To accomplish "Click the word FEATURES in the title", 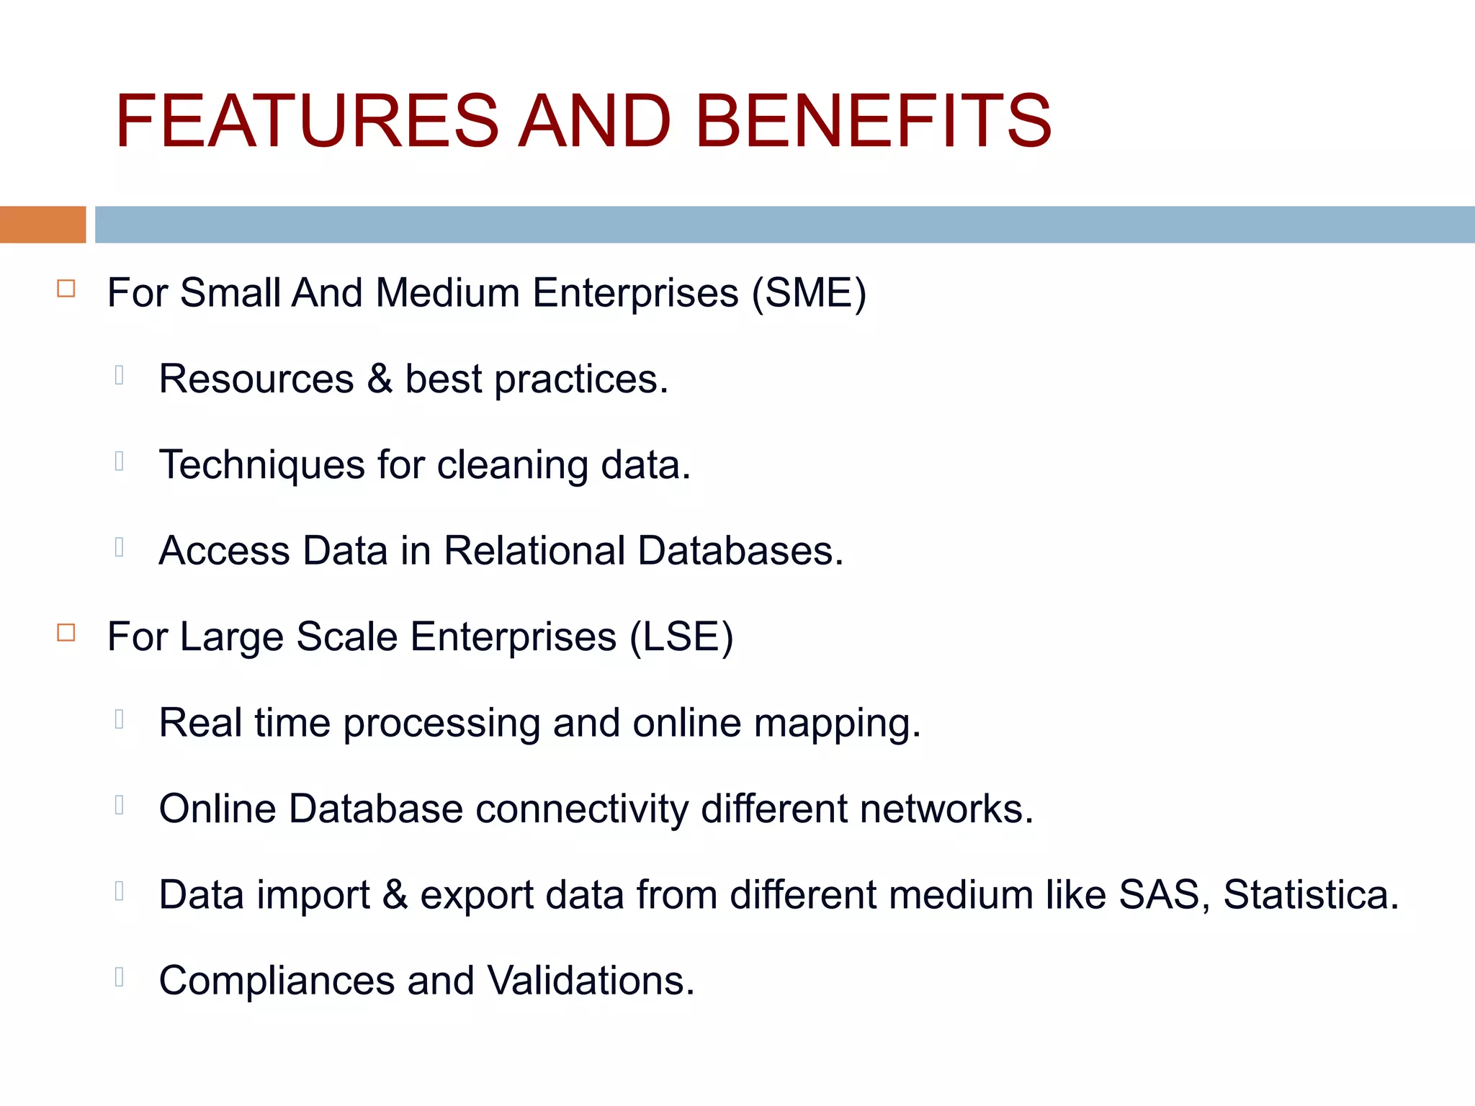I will pyautogui.click(x=306, y=121).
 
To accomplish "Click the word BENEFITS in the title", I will pyautogui.click(x=873, y=121).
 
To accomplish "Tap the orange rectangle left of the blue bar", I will pyautogui.click(x=42, y=224).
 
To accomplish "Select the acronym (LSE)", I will pyautogui.click(x=681, y=637).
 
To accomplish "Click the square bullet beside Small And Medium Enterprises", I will pyautogui.click(x=66, y=289).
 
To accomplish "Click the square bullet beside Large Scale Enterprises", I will pyautogui.click(x=66, y=633).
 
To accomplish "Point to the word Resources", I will pyautogui.click(x=256, y=379).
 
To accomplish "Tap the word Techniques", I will pyautogui.click(x=261, y=465).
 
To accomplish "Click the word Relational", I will pyautogui.click(x=534, y=551).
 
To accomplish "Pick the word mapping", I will pyautogui.click(x=837, y=724).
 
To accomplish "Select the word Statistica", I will pyautogui.click(x=1311, y=895).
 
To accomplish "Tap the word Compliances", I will pyautogui.click(x=277, y=981).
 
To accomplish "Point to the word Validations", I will pyautogui.click(x=591, y=981).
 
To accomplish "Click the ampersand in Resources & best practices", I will pyautogui.click(x=380, y=379).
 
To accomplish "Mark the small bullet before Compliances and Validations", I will pyautogui.click(x=120, y=977).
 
